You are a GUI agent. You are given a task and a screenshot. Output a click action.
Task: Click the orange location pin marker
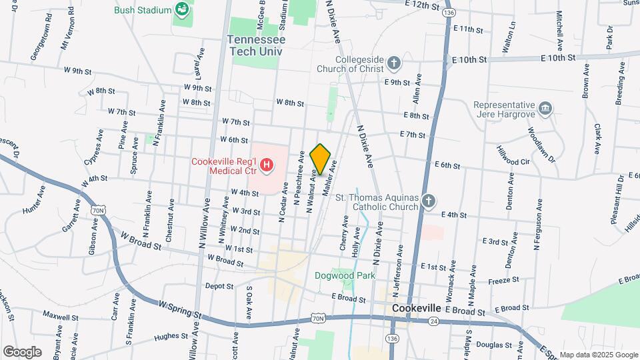click(x=321, y=159)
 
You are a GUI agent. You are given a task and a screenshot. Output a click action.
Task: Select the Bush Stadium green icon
click(x=181, y=9)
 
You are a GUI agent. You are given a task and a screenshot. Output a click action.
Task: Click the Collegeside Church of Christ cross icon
click(x=394, y=63)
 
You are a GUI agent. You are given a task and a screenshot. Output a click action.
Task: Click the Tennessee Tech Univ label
click(x=256, y=45)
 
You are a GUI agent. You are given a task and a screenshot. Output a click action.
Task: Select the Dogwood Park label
click(x=345, y=275)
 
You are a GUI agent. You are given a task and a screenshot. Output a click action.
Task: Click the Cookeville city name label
click(x=417, y=309)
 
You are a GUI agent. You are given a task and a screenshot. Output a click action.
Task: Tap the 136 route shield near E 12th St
click(x=450, y=13)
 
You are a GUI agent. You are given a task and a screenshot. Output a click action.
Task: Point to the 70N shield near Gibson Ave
click(x=99, y=211)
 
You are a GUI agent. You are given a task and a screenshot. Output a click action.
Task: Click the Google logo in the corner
click(x=22, y=352)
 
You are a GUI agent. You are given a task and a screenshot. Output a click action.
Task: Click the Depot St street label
click(x=219, y=286)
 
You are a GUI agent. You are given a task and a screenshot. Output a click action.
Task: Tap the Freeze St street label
click(x=505, y=281)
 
